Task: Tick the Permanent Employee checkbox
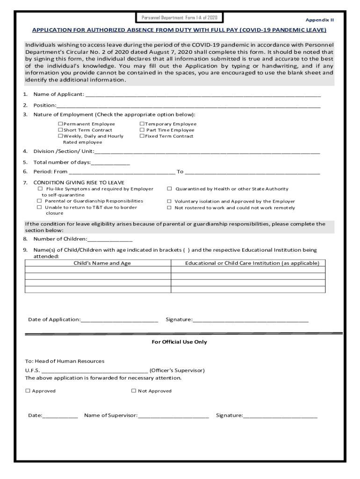60,124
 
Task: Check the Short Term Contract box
60,130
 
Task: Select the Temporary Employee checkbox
142,124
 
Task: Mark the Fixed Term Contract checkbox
142,136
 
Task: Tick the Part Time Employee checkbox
142,130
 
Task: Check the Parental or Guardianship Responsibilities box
40,201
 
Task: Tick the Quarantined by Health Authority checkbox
170,189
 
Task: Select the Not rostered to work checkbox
170,208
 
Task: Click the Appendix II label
320,20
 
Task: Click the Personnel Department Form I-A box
180,18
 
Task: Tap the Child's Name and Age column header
102,263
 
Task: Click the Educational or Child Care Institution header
252,263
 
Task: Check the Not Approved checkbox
134,391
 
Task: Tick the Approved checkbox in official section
28,391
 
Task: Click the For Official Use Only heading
179,342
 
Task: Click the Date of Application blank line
119,320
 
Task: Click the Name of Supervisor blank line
173,415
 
